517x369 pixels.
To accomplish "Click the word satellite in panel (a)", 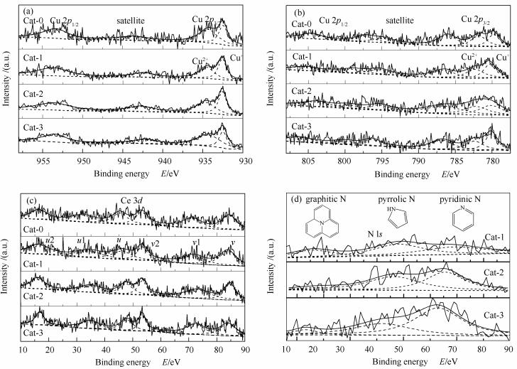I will pyautogui.click(x=131, y=21).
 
